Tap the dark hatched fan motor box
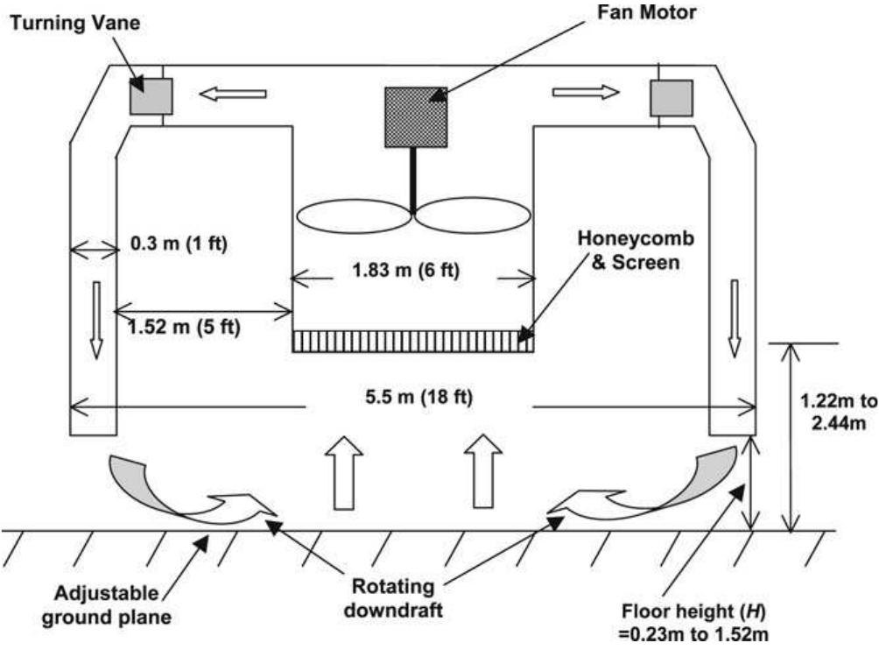417,117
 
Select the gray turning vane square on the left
151,95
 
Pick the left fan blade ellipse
354,215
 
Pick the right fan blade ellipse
472,215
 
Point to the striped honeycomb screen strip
412,341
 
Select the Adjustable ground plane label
114,605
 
